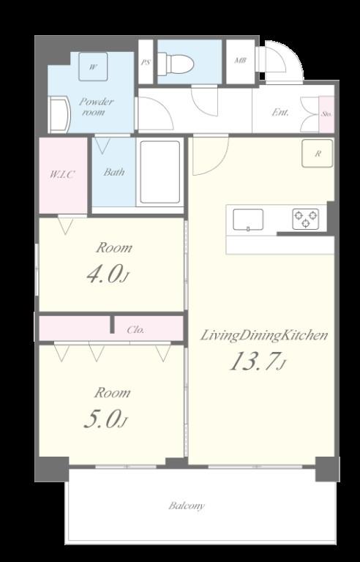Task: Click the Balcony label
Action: click(x=187, y=506)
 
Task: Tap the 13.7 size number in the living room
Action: click(x=256, y=361)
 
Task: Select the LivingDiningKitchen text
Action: click(x=264, y=335)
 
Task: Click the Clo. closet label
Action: click(x=136, y=329)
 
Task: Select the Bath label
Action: click(x=114, y=173)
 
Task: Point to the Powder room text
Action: click(x=97, y=107)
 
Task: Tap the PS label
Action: click(x=146, y=63)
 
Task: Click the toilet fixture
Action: click(x=176, y=64)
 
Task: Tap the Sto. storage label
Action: click(x=326, y=113)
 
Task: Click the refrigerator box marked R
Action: click(x=318, y=154)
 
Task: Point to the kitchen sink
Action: click(x=249, y=219)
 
